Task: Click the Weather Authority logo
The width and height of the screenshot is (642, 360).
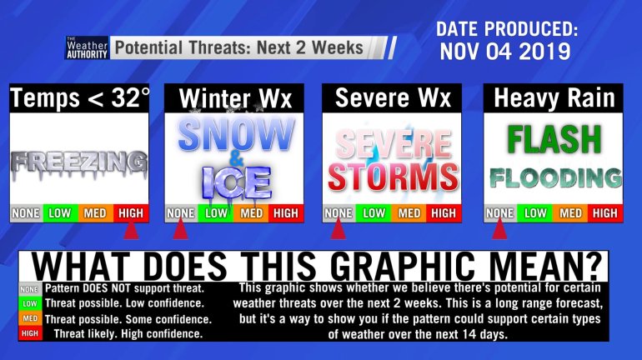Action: (87, 47)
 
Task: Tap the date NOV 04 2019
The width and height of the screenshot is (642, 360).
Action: (505, 51)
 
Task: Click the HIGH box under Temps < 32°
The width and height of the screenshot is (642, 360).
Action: (131, 213)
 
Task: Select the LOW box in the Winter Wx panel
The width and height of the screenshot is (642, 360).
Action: (216, 213)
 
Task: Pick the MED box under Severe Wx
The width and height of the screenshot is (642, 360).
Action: (409, 213)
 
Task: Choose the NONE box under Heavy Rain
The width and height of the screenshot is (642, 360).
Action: (500, 213)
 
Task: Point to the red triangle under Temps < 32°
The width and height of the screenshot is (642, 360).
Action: (131, 231)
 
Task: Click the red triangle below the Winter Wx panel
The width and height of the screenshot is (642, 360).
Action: (180, 231)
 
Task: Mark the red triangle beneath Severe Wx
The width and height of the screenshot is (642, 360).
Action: (339, 231)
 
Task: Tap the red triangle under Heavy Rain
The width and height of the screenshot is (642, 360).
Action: (499, 231)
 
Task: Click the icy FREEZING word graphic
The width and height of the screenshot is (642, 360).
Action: (79, 164)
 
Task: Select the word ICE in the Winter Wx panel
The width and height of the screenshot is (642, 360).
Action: (237, 183)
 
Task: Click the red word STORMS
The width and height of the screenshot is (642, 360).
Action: (393, 177)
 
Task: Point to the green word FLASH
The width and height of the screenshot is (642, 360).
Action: (554, 139)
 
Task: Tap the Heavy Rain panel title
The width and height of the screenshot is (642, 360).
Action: (554, 98)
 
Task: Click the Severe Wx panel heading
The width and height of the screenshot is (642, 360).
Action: (393, 98)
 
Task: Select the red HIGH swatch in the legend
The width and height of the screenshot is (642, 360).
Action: (30, 333)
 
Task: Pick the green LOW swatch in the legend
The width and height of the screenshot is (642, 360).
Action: (30, 303)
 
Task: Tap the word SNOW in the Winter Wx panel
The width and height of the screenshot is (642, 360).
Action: (236, 135)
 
